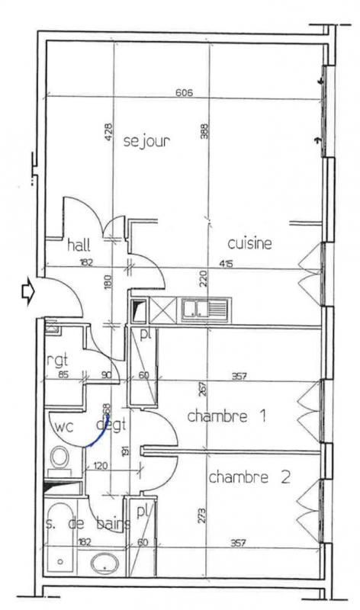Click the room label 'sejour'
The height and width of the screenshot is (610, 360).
click(146, 140)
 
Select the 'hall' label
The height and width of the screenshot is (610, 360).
click(79, 245)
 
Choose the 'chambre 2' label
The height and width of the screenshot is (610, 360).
click(249, 478)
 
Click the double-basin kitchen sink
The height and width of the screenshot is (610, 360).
click(204, 310)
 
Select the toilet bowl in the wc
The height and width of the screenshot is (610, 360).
click(59, 458)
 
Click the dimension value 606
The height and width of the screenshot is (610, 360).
click(184, 93)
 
